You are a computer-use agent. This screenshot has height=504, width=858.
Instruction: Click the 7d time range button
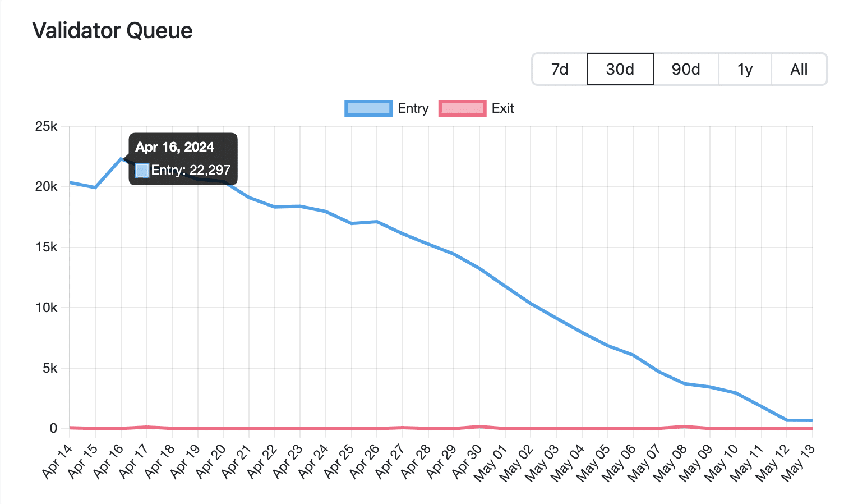[560, 69]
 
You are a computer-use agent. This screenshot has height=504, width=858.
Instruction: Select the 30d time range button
[620, 69]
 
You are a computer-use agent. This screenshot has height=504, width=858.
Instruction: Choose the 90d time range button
[686, 69]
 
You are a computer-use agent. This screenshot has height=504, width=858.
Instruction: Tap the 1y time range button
[745, 69]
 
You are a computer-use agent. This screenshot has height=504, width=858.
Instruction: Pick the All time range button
[799, 69]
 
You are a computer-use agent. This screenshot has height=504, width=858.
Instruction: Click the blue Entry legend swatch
[368, 108]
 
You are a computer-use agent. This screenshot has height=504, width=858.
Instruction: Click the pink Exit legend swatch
[462, 108]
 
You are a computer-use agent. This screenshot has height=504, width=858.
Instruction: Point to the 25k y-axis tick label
[46, 126]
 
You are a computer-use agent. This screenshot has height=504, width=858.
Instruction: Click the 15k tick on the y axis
[46, 248]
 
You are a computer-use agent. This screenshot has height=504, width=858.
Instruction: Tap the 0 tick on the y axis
[53, 428]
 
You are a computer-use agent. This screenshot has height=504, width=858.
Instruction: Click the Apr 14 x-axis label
[58, 461]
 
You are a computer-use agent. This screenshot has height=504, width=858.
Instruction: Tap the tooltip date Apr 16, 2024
[174, 147]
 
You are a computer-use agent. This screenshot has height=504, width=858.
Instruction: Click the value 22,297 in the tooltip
[210, 170]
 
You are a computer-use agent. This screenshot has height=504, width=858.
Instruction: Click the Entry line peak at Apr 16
[121, 158]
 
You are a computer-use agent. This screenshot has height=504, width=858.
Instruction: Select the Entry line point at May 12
[787, 420]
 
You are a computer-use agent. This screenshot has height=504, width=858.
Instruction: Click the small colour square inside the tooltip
[142, 170]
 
